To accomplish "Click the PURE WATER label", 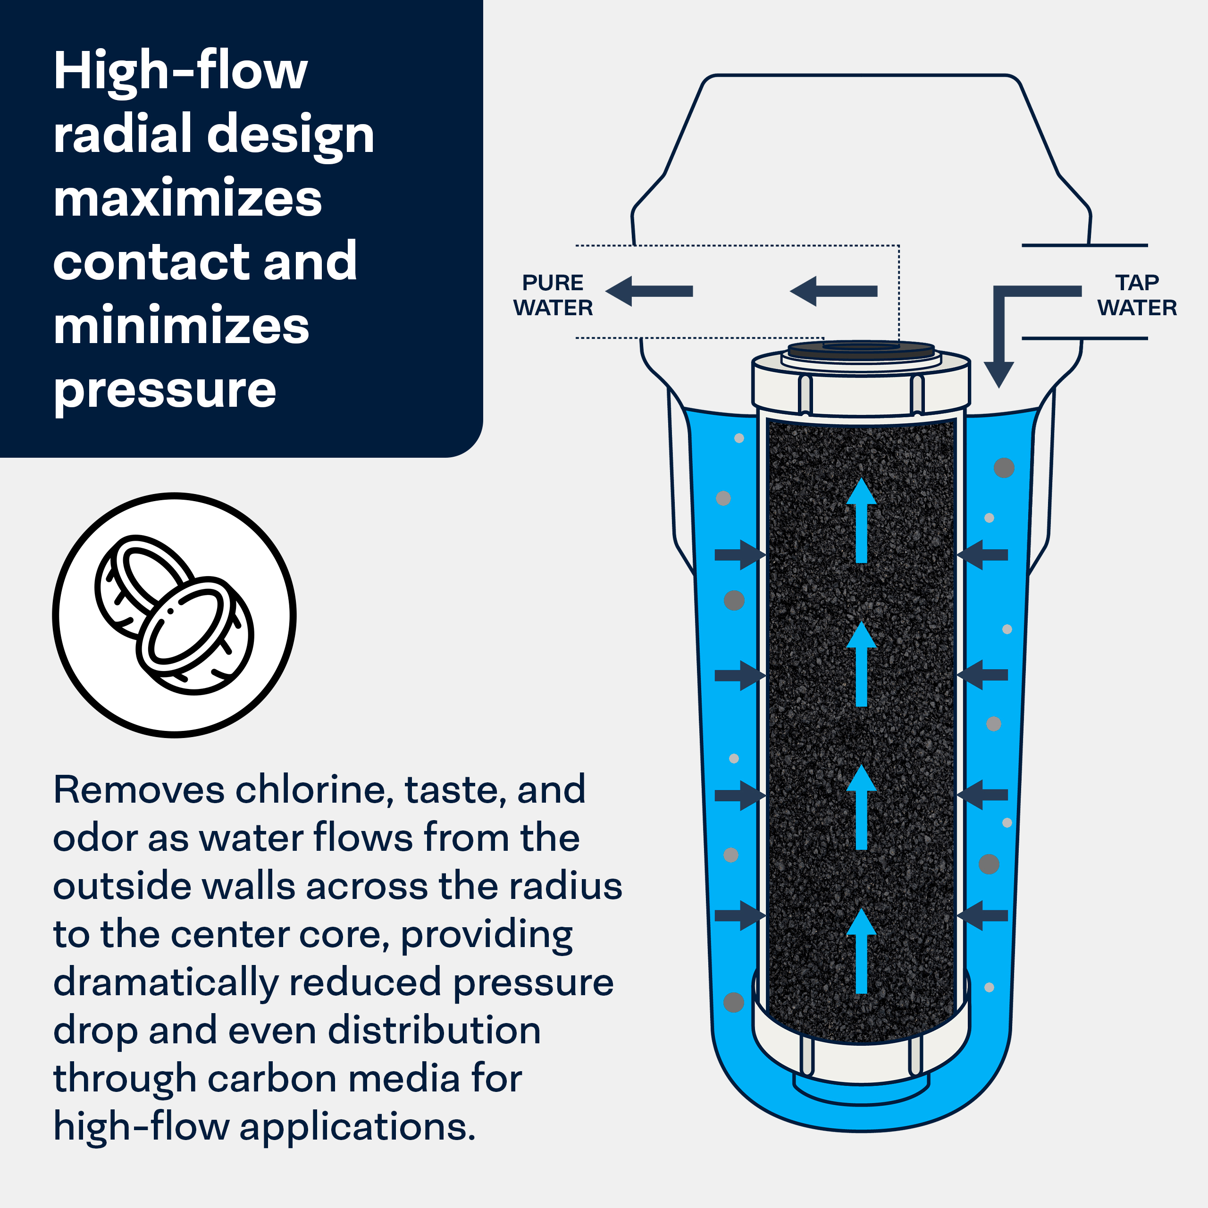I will point(553,295).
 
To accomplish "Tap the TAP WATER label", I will point(1137,295).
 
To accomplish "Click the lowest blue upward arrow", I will point(861,950).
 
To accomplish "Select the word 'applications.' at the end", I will point(358,1127).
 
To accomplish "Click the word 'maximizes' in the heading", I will point(188,199).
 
